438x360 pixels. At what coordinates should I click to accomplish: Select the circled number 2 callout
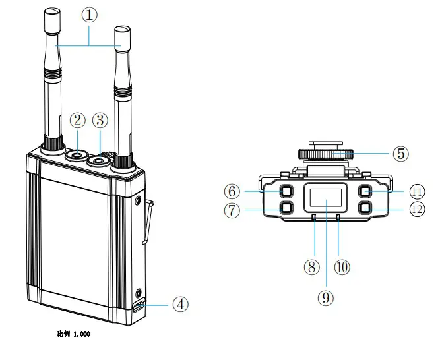pyautogui.click(x=78, y=121)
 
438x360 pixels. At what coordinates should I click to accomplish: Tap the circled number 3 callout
pyautogui.click(x=100, y=121)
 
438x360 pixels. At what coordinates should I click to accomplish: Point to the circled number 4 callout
pyautogui.click(x=181, y=305)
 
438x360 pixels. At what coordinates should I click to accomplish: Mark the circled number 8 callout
pyautogui.click(x=312, y=267)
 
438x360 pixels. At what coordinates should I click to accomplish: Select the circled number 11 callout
pyautogui.click(x=416, y=192)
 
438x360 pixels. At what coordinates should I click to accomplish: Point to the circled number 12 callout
pyautogui.click(x=416, y=209)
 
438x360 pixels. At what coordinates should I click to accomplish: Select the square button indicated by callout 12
pyautogui.click(x=365, y=208)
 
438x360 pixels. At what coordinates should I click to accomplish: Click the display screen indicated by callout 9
pyautogui.click(x=327, y=198)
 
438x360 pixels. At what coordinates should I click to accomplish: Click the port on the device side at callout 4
pyautogui.click(x=139, y=307)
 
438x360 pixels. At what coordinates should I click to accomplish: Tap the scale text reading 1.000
pyautogui.click(x=80, y=334)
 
